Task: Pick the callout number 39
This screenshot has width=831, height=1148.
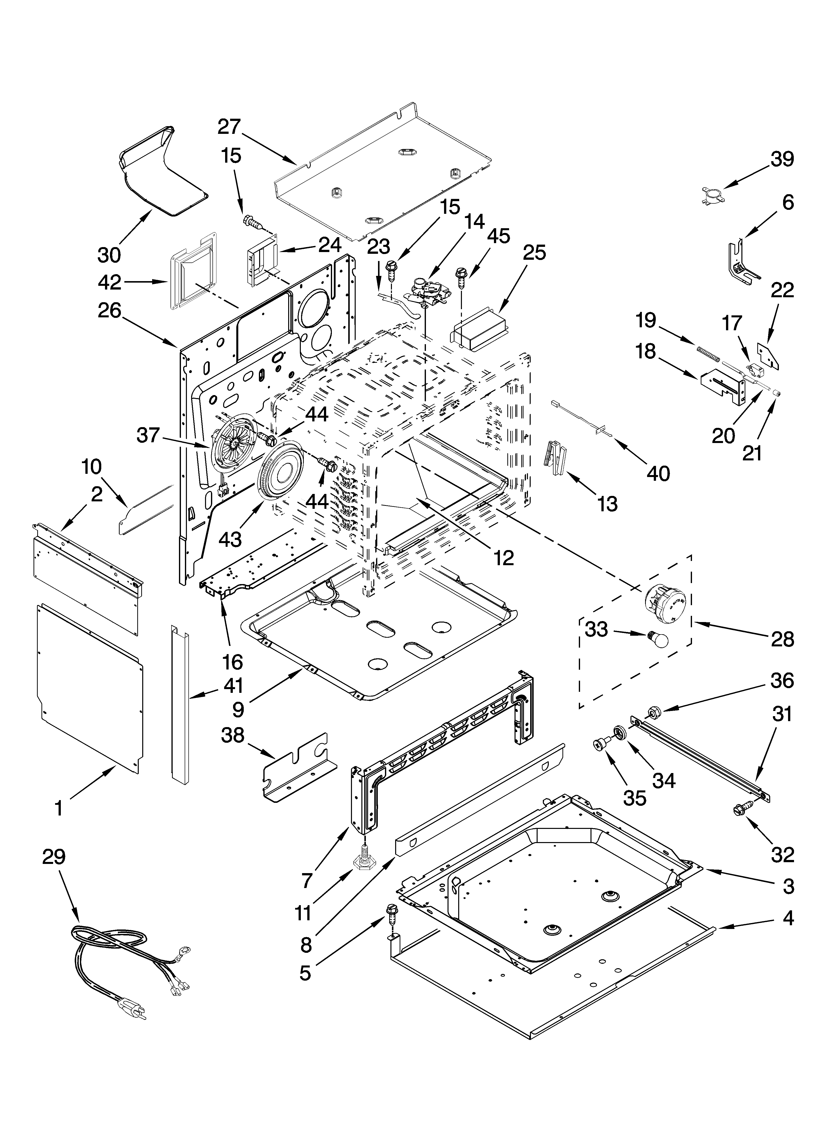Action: [x=782, y=159]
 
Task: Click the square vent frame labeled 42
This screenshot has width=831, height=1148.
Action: [x=193, y=272]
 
